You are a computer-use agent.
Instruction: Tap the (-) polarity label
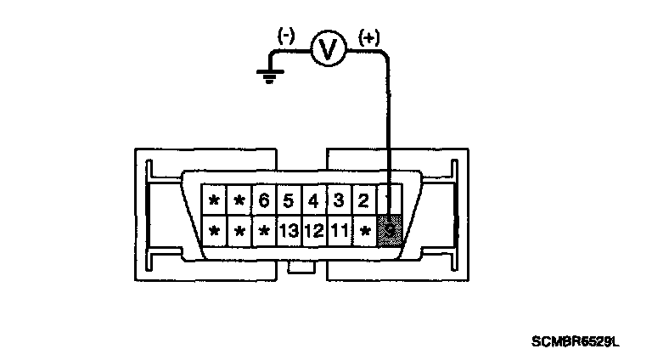[285, 37]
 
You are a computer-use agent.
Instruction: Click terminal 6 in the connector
[264, 201]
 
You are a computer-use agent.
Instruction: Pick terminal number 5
[289, 201]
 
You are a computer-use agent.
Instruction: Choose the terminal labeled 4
[313, 201]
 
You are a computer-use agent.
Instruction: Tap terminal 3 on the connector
[338, 201]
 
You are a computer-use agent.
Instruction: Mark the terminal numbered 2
[363, 201]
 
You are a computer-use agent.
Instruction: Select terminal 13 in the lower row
[289, 229]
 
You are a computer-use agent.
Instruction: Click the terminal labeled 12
[313, 229]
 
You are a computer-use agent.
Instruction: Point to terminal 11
[339, 229]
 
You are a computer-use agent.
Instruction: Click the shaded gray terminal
[389, 229]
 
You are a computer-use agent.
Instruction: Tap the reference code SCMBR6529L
[576, 342]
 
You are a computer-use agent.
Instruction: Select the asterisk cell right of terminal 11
[364, 229]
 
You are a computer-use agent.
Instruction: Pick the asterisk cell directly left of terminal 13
[264, 229]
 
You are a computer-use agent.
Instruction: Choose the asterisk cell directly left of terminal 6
[239, 201]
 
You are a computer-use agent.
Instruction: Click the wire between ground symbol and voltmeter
[289, 52]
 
